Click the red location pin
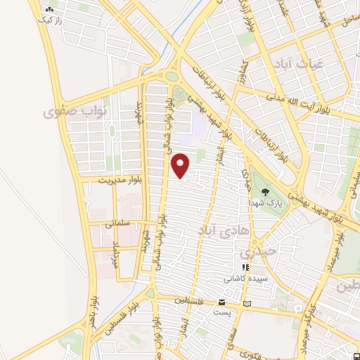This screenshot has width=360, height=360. point(181,166)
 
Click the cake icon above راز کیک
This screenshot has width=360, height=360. point(49,11)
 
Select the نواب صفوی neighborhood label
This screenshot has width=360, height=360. point(73,111)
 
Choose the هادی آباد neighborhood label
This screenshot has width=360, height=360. point(208,231)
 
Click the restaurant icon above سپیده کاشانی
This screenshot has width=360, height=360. point(245,267)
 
